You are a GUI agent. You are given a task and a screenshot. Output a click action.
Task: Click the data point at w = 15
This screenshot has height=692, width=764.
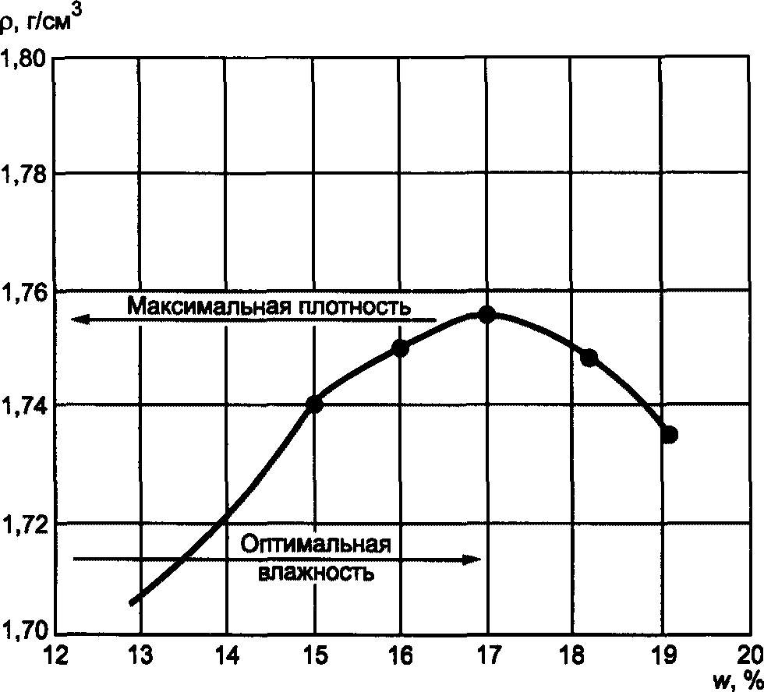click(x=315, y=404)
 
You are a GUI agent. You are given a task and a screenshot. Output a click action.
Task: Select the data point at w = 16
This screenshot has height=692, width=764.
click(x=401, y=348)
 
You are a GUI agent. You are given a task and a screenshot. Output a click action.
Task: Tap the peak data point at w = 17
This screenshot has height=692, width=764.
click(x=487, y=314)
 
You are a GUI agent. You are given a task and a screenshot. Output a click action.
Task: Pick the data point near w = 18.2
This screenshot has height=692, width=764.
click(x=589, y=358)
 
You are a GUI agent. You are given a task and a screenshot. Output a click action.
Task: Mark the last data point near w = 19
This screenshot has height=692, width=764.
click(x=669, y=434)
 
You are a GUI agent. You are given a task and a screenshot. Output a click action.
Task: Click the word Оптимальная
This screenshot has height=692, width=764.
click(x=314, y=544)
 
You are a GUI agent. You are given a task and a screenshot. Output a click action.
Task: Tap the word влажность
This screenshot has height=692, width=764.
click(x=316, y=574)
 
